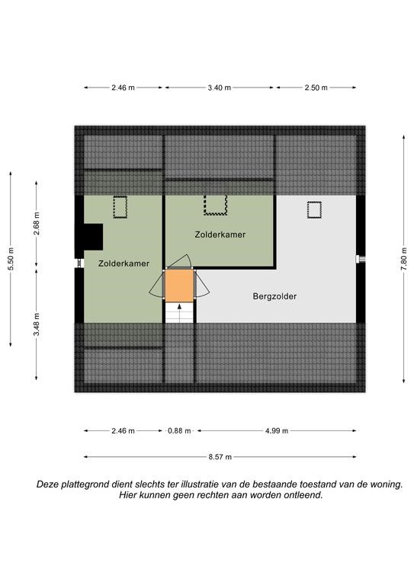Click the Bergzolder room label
[274, 296]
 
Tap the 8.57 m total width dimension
[220, 457]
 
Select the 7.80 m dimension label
[404, 260]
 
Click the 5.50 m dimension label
[11, 260]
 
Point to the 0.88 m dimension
[179, 431]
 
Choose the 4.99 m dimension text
[277, 431]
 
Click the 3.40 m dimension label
[219, 88]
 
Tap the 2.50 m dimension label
[316, 88]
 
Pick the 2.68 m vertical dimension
[36, 224]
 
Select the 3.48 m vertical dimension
[36, 324]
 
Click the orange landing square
[179, 286]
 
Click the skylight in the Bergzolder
[314, 209]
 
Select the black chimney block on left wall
[92, 237]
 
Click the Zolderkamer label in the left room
[124, 264]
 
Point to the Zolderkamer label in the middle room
[220, 235]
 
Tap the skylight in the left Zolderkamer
[120, 206]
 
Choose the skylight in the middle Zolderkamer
[216, 205]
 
